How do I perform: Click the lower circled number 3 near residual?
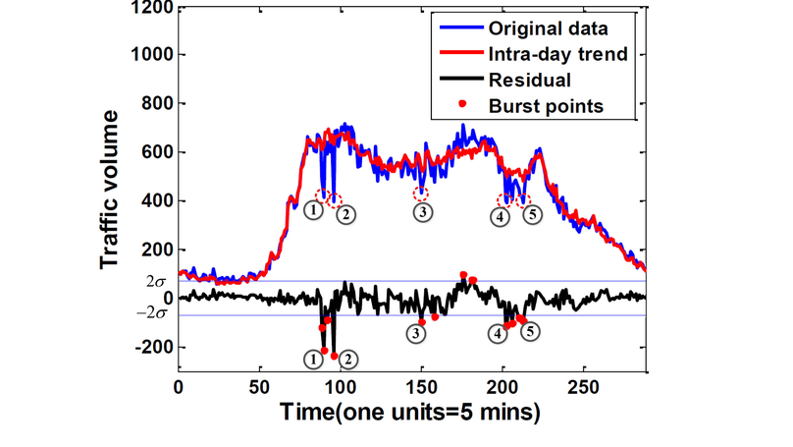(x=418, y=334)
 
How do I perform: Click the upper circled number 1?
(x=313, y=209)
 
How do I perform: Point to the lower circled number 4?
(x=501, y=334)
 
